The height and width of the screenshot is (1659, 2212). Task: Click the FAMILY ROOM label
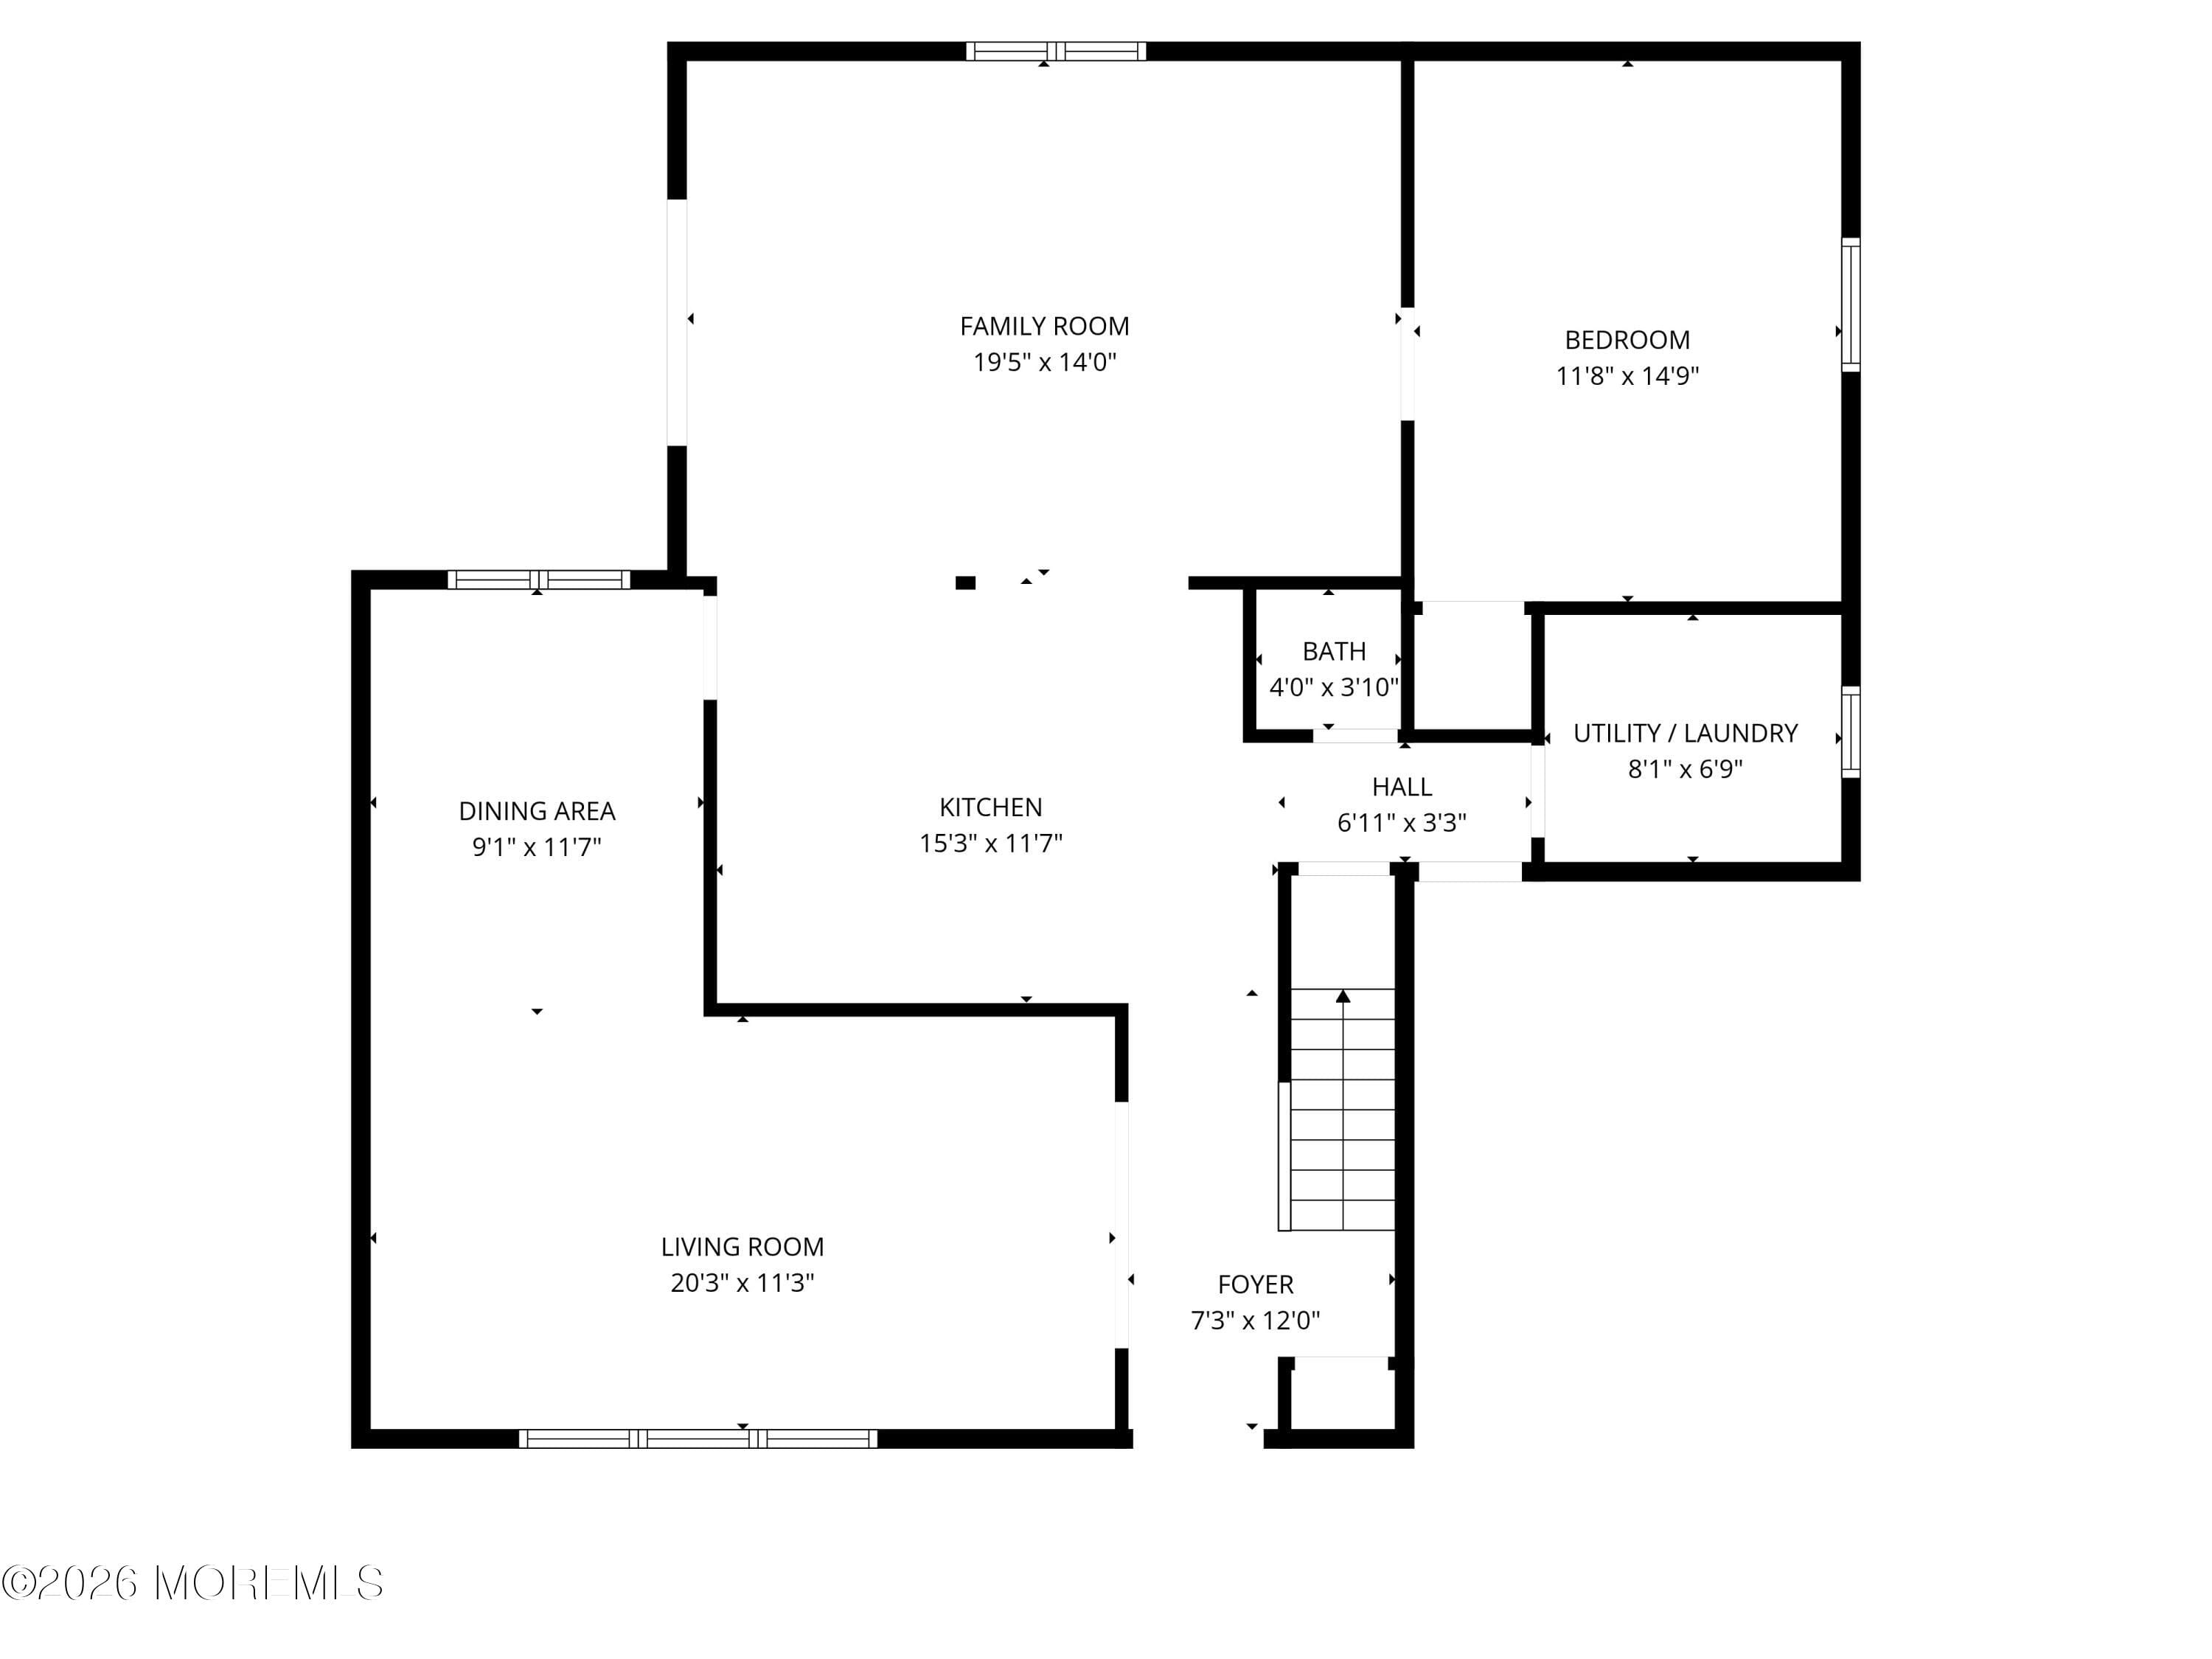click(x=1044, y=326)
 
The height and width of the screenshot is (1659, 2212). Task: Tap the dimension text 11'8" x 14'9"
click(x=1627, y=376)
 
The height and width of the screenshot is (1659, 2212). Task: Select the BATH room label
click(x=1333, y=651)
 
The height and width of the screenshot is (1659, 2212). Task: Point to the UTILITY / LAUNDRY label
click(x=1685, y=733)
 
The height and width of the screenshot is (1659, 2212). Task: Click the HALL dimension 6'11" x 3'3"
click(x=1401, y=822)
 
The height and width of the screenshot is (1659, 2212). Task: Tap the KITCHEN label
click(x=990, y=807)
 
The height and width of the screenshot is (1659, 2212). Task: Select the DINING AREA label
click(x=536, y=811)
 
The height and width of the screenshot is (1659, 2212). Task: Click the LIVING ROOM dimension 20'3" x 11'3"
click(x=742, y=1282)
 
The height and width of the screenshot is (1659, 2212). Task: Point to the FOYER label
click(x=1255, y=1284)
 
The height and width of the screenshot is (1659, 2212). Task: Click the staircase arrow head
click(x=1343, y=996)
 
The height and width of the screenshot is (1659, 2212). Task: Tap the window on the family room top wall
click(x=1055, y=51)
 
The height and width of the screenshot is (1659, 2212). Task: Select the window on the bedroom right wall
click(x=1850, y=305)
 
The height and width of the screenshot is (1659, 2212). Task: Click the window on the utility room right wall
click(x=1850, y=733)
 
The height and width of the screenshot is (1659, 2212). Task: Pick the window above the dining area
click(x=538, y=579)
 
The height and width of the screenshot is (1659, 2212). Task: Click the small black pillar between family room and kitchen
click(x=965, y=583)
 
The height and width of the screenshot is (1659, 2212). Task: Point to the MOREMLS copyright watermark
click(x=192, y=1583)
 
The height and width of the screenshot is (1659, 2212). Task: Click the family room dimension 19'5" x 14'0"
click(x=1044, y=362)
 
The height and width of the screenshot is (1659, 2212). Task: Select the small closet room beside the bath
click(x=1472, y=668)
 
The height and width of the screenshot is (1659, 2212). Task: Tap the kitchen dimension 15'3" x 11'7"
click(x=990, y=843)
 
